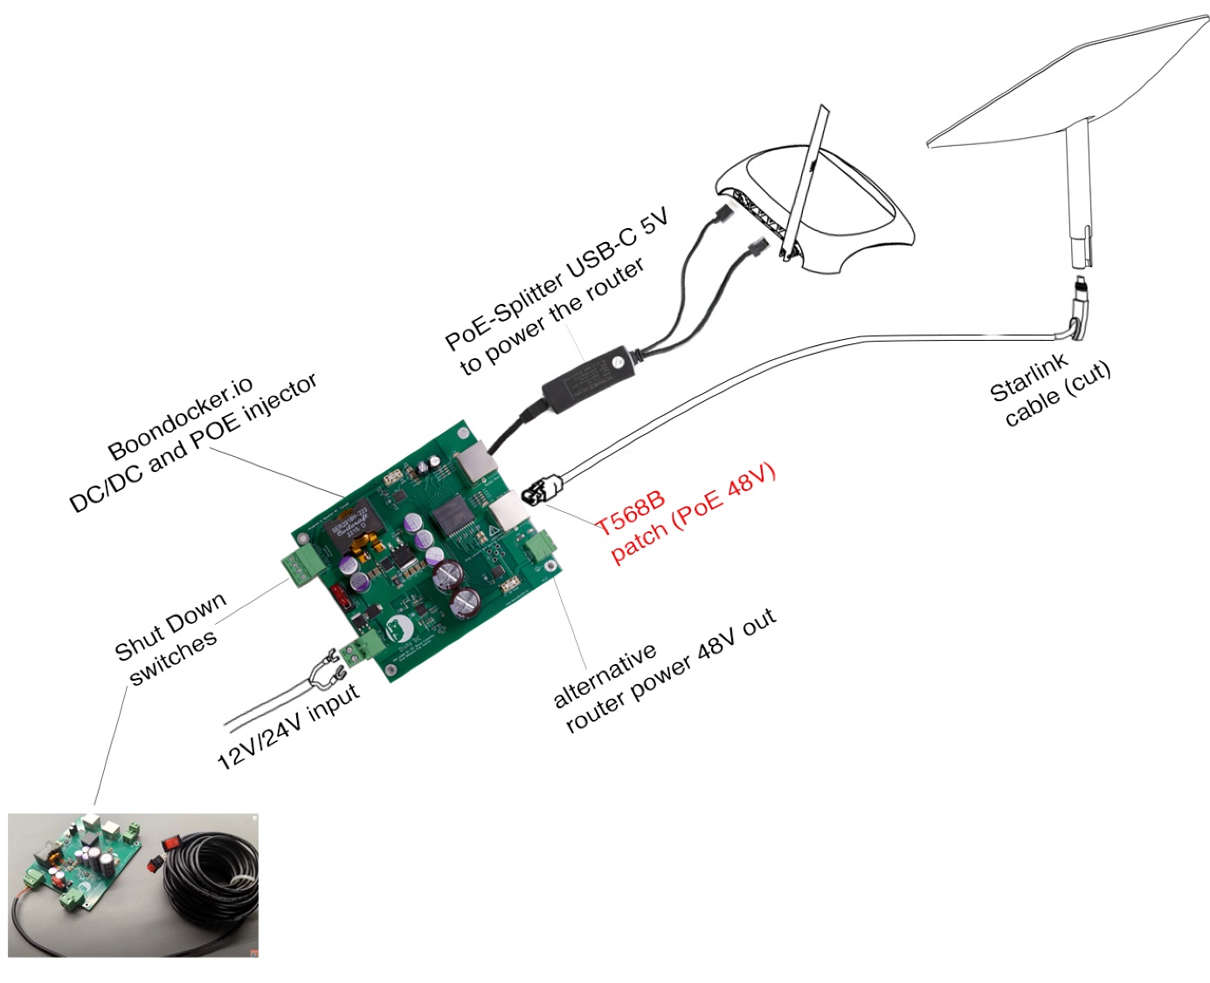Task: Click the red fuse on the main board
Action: point(342,594)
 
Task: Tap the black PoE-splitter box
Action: point(587,378)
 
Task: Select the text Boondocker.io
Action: point(180,419)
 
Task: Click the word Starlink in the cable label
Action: point(1029,377)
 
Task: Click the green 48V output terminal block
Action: point(541,546)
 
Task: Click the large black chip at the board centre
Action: point(451,515)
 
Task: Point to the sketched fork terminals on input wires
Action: point(324,669)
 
